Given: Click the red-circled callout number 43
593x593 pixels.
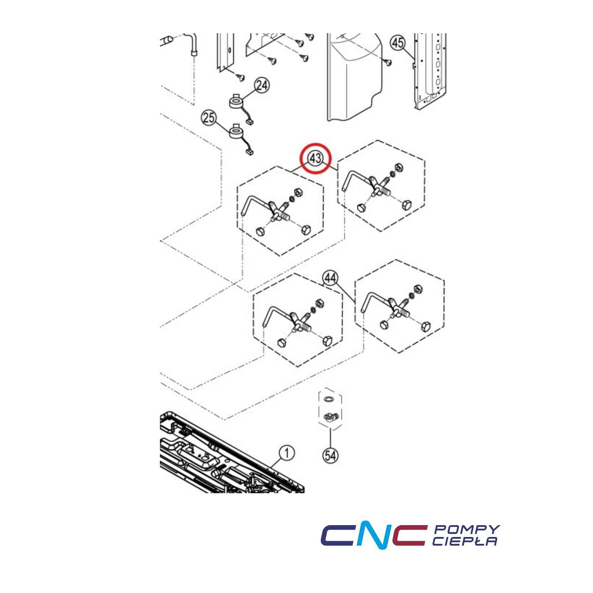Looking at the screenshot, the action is click(315, 159).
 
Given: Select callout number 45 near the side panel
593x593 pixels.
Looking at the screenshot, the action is click(398, 43).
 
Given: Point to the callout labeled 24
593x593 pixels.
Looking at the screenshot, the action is click(262, 86).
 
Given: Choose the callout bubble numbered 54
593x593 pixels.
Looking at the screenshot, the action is click(331, 455).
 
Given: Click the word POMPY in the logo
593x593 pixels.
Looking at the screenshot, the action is click(467, 529).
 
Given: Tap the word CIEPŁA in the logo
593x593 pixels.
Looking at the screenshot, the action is click(465, 541).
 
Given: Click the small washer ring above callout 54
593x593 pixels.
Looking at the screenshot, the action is click(329, 399).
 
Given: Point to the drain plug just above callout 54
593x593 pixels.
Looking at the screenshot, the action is click(328, 417).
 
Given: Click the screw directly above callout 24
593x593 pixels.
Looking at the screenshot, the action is click(240, 77).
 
